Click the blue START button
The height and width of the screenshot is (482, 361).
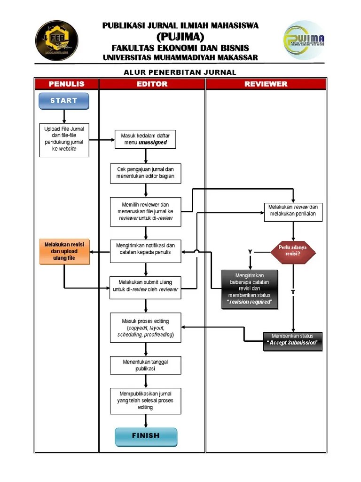tap(63, 101)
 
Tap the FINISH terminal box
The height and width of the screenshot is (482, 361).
tap(146, 436)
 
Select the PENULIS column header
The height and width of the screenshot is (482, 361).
tap(66, 84)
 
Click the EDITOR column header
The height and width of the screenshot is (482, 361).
tap(152, 84)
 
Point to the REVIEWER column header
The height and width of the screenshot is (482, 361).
tap(266, 84)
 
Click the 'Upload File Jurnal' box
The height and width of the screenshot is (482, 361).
tap(64, 139)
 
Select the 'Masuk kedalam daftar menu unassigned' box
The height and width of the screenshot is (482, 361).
tap(145, 139)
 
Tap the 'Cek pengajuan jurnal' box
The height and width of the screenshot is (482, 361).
tap(145, 173)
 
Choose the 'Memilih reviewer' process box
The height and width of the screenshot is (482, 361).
tap(145, 211)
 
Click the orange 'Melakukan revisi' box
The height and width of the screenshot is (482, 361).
tap(64, 251)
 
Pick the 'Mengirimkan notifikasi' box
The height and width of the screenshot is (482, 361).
tap(145, 252)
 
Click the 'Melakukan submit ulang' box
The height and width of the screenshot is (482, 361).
tap(145, 286)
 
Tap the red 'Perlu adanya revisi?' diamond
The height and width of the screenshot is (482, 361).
tap(293, 251)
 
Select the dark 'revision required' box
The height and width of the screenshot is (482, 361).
tap(250, 289)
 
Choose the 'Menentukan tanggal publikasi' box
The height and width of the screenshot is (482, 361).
tap(145, 365)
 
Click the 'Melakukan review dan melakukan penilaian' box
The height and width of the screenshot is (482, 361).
tap(293, 211)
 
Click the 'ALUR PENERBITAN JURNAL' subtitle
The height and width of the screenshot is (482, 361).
tap(180, 72)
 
